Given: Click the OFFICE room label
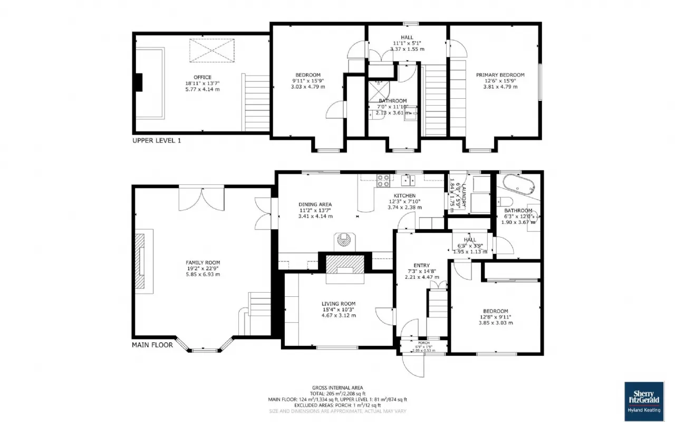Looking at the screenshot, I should (202, 77).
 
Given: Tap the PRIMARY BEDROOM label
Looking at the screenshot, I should (500, 75).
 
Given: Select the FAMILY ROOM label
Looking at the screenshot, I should (202, 262).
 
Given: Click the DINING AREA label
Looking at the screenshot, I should (315, 204).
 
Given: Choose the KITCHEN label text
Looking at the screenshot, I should (405, 195).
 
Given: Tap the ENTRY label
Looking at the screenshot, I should (421, 266).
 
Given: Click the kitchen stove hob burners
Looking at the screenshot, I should (383, 181).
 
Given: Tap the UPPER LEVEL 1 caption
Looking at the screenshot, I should (157, 141).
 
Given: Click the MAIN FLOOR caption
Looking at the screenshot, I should (152, 345).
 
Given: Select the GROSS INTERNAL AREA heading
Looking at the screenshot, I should (337, 388).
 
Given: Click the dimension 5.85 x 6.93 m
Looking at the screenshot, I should (202, 274).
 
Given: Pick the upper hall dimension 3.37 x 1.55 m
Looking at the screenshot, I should (407, 49).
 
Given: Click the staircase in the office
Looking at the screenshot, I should (256, 102).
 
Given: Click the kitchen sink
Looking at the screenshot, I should (408, 181).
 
